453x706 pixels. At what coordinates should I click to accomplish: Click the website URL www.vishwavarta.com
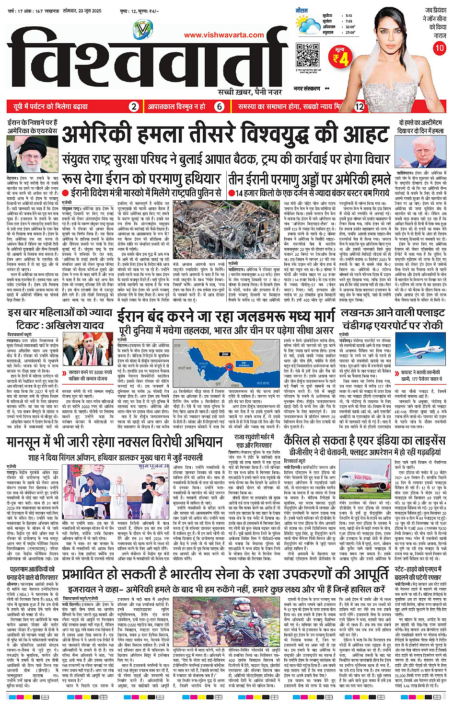pyautogui.click(x=224, y=35)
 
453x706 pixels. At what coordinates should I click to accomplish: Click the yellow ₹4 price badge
pyautogui.click(x=341, y=58)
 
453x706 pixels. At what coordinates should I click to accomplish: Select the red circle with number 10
pyautogui.click(x=439, y=48)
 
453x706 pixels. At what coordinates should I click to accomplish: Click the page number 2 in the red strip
pyautogui.click(x=134, y=106)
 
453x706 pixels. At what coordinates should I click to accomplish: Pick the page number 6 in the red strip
pyautogui.click(x=219, y=106)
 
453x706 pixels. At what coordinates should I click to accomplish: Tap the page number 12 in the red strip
pyautogui.click(x=359, y=106)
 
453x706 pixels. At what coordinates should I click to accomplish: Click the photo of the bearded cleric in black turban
pyautogui.click(x=32, y=154)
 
